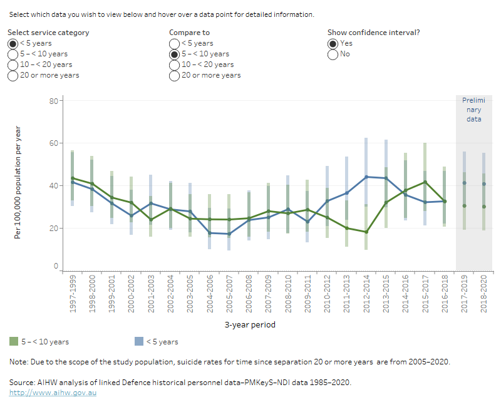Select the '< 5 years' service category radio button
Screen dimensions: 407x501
click(13, 43)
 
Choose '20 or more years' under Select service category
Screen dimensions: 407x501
click(13, 75)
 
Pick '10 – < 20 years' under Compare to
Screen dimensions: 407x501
click(174, 64)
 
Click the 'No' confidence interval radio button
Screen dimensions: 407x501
click(333, 54)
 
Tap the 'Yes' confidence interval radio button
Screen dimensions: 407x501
click(333, 43)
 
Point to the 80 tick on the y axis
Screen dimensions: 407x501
click(54, 101)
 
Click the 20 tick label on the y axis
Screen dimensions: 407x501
click(54, 228)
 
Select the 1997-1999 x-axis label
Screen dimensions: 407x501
click(73, 296)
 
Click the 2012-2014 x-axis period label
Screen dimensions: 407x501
click(366, 296)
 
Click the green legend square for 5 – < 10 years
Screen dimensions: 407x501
click(14, 342)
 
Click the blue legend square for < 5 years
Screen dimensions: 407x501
click(139, 342)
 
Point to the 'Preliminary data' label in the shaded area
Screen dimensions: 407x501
click(474, 109)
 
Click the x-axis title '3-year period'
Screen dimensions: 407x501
click(250, 325)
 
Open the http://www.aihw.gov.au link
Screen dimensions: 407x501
click(53, 393)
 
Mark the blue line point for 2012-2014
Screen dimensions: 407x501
click(366, 177)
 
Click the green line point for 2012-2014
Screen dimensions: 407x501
click(366, 232)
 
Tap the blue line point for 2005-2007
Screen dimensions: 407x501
click(229, 234)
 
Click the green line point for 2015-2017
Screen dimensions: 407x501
click(425, 182)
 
